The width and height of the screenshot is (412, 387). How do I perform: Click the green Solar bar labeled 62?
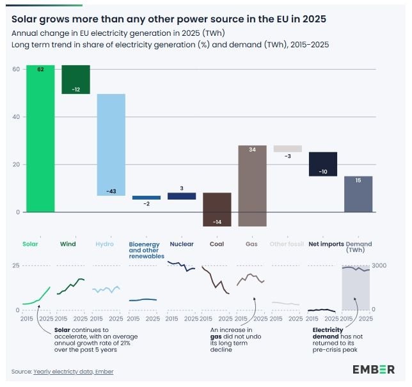(x=40, y=138)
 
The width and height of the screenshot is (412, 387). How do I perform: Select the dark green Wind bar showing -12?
(x=75, y=79)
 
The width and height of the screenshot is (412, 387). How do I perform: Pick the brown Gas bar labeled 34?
(x=252, y=186)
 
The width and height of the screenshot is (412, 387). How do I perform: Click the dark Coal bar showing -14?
(x=217, y=209)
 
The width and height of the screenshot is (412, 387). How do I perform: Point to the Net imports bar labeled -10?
(x=322, y=164)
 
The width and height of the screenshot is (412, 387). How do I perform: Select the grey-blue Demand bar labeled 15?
(x=358, y=194)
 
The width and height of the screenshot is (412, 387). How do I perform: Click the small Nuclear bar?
(x=182, y=196)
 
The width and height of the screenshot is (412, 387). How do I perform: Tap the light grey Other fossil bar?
(x=287, y=148)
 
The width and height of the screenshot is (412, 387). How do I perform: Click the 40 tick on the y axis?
(x=16, y=116)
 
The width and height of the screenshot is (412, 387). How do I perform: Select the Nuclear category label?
(x=182, y=244)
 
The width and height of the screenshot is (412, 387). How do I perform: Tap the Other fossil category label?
(x=287, y=244)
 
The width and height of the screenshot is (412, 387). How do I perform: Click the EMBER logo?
(x=374, y=370)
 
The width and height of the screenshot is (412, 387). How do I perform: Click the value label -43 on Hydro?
(x=111, y=191)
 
